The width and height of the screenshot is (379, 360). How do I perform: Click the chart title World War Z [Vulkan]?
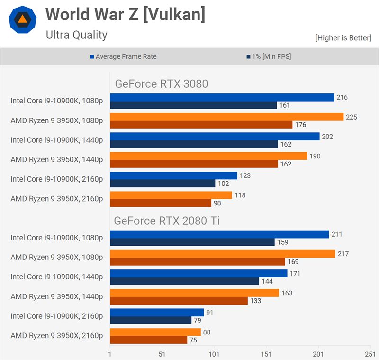click(125, 15)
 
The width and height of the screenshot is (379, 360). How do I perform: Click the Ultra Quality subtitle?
click(76, 35)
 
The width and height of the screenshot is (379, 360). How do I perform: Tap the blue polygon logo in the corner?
click(23, 19)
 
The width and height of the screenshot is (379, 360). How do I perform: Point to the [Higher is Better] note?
click(343, 38)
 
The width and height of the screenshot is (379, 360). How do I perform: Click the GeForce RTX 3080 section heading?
click(162, 84)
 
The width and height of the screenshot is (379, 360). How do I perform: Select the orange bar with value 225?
click(226, 117)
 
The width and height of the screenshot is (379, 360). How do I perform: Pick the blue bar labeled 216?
click(222, 97)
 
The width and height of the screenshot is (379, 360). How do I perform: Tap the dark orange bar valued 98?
click(160, 203)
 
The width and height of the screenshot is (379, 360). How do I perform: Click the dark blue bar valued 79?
click(150, 320)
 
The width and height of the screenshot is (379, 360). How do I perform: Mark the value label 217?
click(343, 254)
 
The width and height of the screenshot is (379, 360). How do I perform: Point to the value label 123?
click(244, 175)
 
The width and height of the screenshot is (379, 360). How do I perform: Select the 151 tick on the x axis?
click(266, 354)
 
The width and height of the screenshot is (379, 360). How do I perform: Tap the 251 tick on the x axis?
click(370, 354)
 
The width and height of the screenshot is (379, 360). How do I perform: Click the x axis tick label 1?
click(110, 354)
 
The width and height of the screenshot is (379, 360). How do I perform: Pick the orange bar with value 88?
click(155, 332)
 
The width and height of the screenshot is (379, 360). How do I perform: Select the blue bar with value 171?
click(199, 273)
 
